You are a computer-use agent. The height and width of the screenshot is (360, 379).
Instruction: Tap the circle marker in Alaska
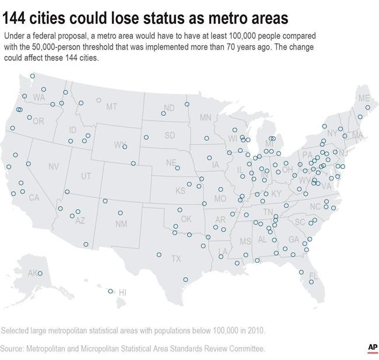(x=40, y=273)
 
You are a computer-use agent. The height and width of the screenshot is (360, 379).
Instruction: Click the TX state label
(x=176, y=258)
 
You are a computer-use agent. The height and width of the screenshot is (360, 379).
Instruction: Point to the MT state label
(x=111, y=107)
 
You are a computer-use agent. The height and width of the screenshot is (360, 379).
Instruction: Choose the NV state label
(x=54, y=167)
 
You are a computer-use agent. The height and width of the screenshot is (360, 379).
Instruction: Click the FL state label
(x=313, y=276)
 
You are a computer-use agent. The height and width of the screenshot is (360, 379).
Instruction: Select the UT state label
(x=86, y=176)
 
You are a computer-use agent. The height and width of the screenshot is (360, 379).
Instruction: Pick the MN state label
(x=205, y=118)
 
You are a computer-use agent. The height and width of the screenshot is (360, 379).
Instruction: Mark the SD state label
(x=169, y=135)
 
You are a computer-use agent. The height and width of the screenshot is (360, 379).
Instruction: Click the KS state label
(x=181, y=191)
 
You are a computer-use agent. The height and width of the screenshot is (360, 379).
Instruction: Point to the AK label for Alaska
(x=33, y=273)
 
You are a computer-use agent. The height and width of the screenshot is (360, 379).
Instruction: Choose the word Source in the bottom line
(x=15, y=348)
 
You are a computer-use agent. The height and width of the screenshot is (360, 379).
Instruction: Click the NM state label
(x=121, y=224)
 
